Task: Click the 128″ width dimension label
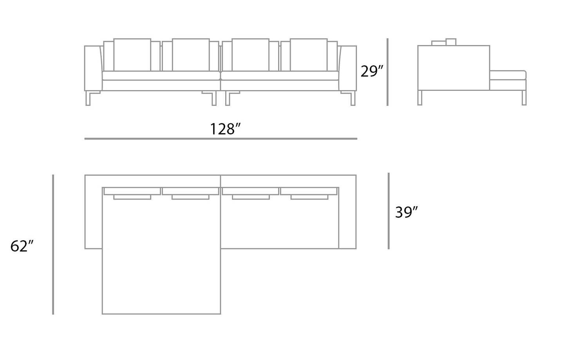pos(225,128)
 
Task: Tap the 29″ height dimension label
pos(372,71)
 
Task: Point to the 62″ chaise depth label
pos(22,246)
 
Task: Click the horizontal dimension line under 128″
pos(221,139)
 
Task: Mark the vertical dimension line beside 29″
pos(387,72)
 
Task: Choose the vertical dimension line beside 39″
pos(389,211)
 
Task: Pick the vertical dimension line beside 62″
pos(53,244)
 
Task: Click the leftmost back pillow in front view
pos(132,54)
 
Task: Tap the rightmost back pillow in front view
pos(309,54)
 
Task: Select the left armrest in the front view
pos(93,69)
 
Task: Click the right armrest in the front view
pos(348,69)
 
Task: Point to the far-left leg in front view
pos(88,99)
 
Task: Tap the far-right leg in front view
pos(353,99)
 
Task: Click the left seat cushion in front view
pos(161,76)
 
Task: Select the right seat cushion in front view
pos(280,76)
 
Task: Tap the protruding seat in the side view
pos(508,75)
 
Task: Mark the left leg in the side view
pos(420,98)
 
